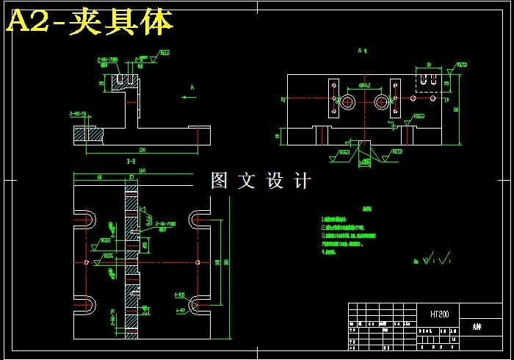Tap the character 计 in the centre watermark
coord(302,181)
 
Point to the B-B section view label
coord(131,161)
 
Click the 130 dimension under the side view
coord(141,151)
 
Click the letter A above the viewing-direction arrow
coord(192,87)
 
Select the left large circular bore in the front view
coord(346,100)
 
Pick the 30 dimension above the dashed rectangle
coord(429,65)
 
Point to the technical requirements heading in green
coord(358,209)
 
